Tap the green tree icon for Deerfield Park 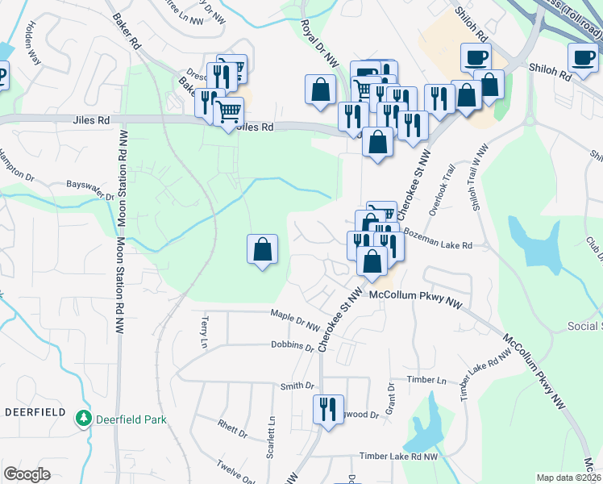[82, 419]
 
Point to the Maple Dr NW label [297, 319]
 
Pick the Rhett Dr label [232, 428]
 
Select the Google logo [27, 474]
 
